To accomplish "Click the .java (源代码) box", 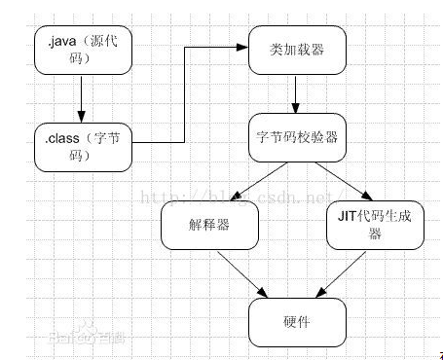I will pyautogui.click(x=83, y=52).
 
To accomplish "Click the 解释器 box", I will pyautogui.click(x=208, y=227).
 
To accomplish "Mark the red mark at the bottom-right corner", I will pyautogui.click(x=439, y=355).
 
